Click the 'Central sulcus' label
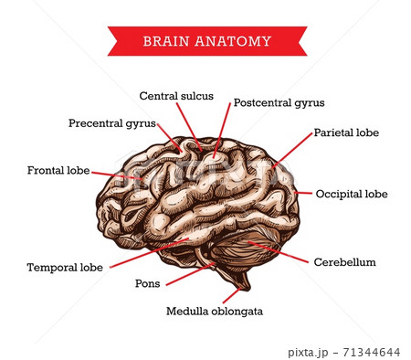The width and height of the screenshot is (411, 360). (x=176, y=96)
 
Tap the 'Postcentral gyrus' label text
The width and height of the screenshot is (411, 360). (x=279, y=103)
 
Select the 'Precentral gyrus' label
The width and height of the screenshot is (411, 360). (x=112, y=123)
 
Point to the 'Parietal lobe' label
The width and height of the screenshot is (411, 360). (x=346, y=132)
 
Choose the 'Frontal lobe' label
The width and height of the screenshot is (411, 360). (x=58, y=170)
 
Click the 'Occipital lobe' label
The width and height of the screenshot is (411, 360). (x=352, y=194)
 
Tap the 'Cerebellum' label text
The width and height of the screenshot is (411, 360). (x=345, y=262)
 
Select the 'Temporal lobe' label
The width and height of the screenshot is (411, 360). (x=65, y=268)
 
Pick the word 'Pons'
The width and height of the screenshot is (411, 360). (x=148, y=283)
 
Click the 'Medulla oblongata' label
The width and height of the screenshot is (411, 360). (x=215, y=312)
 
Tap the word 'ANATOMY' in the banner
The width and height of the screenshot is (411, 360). (x=233, y=41)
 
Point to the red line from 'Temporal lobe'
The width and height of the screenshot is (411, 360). (x=149, y=253)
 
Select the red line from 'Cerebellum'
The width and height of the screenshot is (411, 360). (x=278, y=252)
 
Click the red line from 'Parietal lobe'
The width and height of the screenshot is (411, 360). (x=292, y=150)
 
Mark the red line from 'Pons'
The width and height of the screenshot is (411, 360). (x=191, y=274)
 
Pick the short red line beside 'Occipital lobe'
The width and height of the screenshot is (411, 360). (x=303, y=193)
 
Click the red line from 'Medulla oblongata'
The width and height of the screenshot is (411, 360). (x=232, y=295)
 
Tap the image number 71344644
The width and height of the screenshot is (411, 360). (x=372, y=353)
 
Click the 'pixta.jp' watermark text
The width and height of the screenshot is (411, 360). (x=308, y=353)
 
